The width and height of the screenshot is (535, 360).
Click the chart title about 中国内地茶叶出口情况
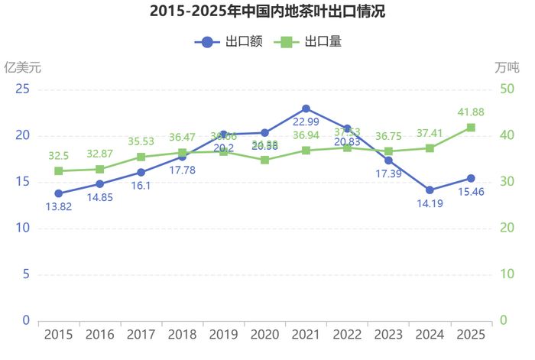[x=267, y=11]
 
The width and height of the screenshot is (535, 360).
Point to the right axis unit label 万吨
[x=506, y=66]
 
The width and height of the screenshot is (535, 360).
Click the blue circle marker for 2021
[x=306, y=109]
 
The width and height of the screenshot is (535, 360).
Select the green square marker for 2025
[x=471, y=128]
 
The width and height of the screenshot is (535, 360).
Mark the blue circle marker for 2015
[x=59, y=193]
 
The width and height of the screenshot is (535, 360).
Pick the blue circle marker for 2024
[x=430, y=190]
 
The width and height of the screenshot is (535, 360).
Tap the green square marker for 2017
[x=141, y=157]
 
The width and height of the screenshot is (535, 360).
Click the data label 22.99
[x=306, y=122]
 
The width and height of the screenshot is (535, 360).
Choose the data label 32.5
[x=59, y=154]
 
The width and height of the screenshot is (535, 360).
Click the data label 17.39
[x=388, y=174]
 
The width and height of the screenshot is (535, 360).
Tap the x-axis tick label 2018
[x=183, y=334]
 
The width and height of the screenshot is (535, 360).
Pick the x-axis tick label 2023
[x=388, y=334]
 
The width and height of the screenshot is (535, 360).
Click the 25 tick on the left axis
[x=23, y=89]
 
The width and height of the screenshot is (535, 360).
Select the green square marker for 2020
[x=264, y=160]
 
